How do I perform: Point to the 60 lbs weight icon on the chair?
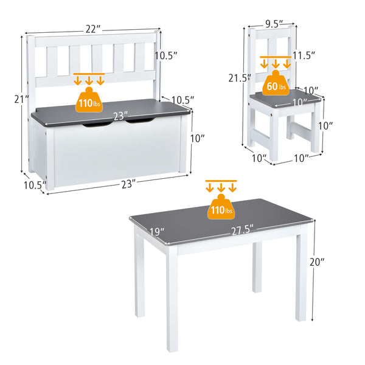coord(275,86)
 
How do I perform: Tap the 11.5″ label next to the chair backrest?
coord(304,55)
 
